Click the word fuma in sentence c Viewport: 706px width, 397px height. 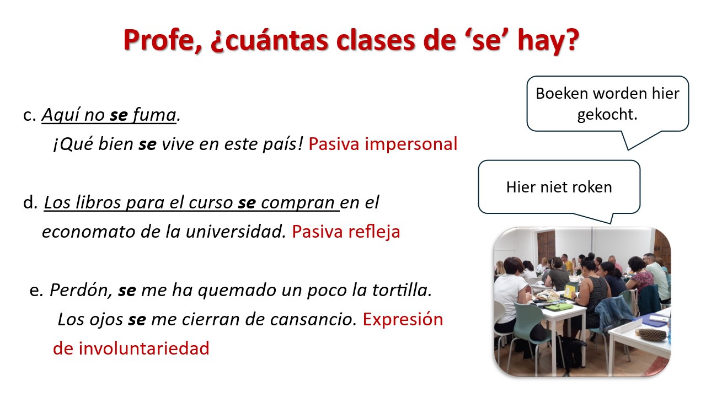(154, 114)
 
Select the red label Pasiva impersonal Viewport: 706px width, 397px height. (383, 144)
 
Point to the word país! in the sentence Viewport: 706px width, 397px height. (283, 144)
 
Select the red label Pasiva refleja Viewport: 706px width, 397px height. (346, 232)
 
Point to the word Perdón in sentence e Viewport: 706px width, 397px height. (81, 290)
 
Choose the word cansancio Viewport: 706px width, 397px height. (313, 320)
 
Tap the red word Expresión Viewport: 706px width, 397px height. (403, 320)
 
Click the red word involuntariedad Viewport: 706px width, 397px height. (144, 348)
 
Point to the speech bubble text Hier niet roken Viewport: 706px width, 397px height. (559, 187)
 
